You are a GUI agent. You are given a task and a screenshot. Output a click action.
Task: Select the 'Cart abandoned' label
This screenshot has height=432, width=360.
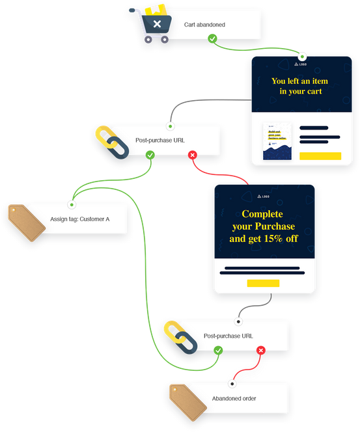click(x=204, y=25)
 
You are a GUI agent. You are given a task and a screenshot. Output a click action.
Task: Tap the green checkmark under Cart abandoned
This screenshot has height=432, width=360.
click(x=212, y=39)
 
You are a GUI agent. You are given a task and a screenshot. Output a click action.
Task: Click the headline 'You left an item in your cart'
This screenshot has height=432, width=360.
click(x=300, y=87)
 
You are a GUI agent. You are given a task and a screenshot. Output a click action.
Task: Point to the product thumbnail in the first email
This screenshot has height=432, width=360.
click(x=277, y=141)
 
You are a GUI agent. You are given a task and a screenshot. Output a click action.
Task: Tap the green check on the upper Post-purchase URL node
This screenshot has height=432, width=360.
click(x=150, y=155)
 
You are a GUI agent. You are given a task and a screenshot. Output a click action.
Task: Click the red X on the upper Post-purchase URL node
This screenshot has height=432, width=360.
click(x=192, y=155)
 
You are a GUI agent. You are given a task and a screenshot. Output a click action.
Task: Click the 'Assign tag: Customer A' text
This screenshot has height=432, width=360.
click(x=79, y=219)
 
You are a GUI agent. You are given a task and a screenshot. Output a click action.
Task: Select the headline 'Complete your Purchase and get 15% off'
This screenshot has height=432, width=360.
click(x=264, y=226)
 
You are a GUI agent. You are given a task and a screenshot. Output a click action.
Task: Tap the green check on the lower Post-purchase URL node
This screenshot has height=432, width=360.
click(x=218, y=350)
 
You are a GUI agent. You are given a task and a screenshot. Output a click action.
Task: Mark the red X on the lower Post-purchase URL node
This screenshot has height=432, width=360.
click(x=260, y=350)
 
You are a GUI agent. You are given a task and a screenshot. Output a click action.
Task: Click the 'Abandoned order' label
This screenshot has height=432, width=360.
click(x=234, y=399)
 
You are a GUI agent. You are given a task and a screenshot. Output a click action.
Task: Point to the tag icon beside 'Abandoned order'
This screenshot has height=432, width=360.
click(x=187, y=399)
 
